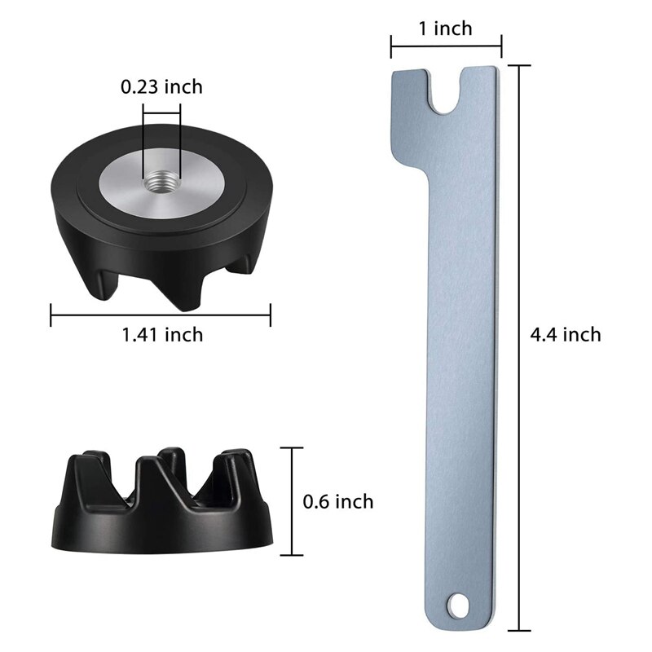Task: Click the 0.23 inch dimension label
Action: click(x=161, y=86)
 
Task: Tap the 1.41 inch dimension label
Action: click(x=161, y=334)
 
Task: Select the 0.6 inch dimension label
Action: click(x=337, y=501)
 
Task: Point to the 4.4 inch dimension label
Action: click(x=565, y=334)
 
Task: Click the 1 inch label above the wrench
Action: click(x=445, y=29)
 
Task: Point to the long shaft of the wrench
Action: click(x=461, y=367)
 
